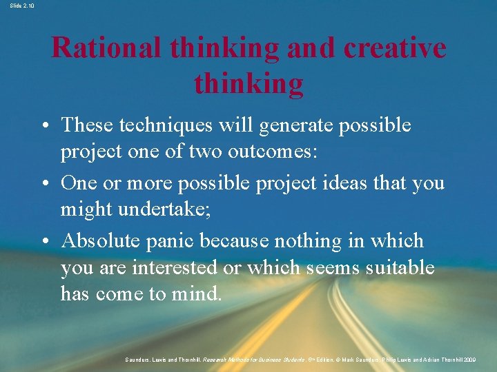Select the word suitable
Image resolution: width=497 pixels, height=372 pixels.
point(400,267)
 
